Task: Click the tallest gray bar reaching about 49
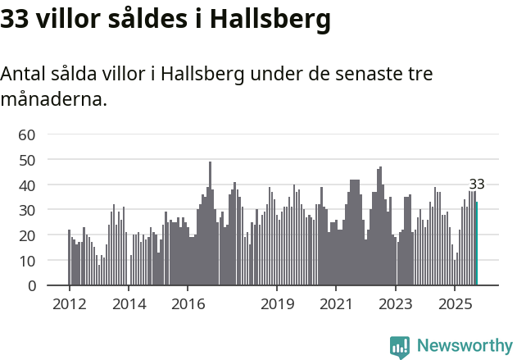[x=210, y=223]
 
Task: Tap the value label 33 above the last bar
[x=477, y=184]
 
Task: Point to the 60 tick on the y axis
[x=27, y=134]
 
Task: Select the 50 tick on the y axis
[x=27, y=160]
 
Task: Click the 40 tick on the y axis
[x=27, y=185]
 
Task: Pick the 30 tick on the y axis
[x=27, y=210]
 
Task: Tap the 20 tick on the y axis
[x=27, y=235]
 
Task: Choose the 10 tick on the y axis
[x=27, y=261]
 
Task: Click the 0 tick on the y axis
[x=31, y=286]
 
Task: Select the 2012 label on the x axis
[x=69, y=304]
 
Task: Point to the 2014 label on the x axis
[x=129, y=304]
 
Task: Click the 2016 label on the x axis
[x=188, y=304]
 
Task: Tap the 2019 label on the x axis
[x=277, y=304]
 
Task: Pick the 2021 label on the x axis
[x=336, y=304]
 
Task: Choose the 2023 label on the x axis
[x=396, y=304]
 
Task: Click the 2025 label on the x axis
[x=455, y=304]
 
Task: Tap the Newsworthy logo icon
[x=400, y=346]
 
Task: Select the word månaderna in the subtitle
[x=53, y=101]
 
